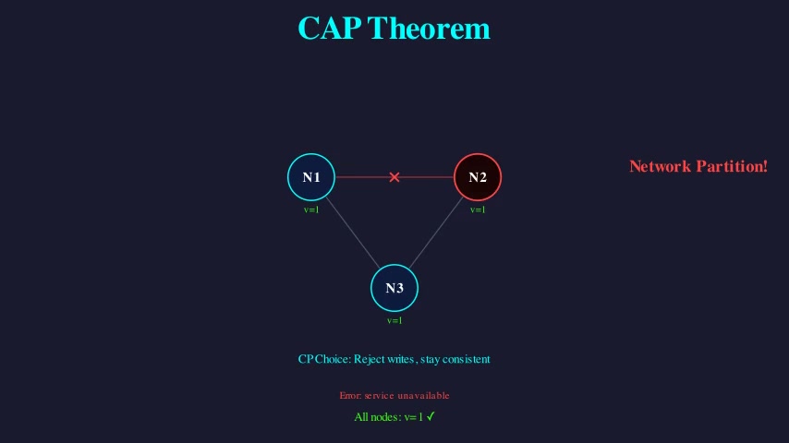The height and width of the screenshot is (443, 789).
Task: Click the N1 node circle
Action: (x=311, y=176)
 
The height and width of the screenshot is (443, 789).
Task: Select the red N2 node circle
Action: (x=478, y=176)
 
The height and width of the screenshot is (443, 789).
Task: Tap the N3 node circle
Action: (x=394, y=287)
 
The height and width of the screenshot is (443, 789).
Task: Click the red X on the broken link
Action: (x=394, y=176)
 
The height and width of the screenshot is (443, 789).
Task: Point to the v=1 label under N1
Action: (x=311, y=210)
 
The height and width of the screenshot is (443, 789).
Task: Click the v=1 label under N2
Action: (x=478, y=210)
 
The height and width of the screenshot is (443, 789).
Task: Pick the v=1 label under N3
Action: (x=394, y=320)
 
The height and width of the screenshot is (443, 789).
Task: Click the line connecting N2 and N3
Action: (x=436, y=232)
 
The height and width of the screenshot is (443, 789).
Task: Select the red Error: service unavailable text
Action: (x=394, y=395)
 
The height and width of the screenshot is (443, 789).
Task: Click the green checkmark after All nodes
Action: (x=431, y=416)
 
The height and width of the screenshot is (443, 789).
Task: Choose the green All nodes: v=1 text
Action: (x=388, y=417)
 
